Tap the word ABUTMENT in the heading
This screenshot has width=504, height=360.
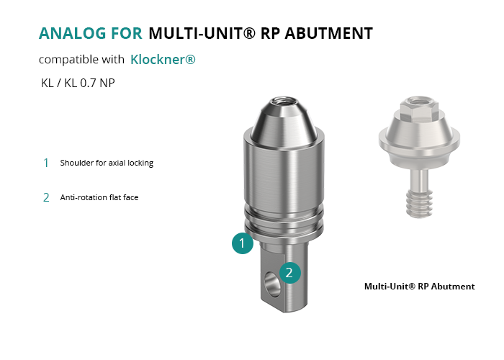(328, 33)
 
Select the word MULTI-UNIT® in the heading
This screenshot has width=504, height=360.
(202, 33)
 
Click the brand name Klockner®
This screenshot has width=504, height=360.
(163, 60)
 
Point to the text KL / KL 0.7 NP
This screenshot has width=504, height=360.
(78, 83)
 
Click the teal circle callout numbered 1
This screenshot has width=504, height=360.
(243, 243)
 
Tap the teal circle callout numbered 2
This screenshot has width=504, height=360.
(290, 273)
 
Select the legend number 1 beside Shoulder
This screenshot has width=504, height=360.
(46, 163)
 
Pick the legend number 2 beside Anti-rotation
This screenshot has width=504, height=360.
(46, 197)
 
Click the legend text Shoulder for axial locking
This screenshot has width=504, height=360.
(107, 163)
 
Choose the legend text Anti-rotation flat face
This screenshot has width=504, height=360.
(99, 197)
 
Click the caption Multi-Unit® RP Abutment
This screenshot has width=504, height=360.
(420, 287)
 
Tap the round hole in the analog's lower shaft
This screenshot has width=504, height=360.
(271, 284)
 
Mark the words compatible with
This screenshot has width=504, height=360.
(81, 60)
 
